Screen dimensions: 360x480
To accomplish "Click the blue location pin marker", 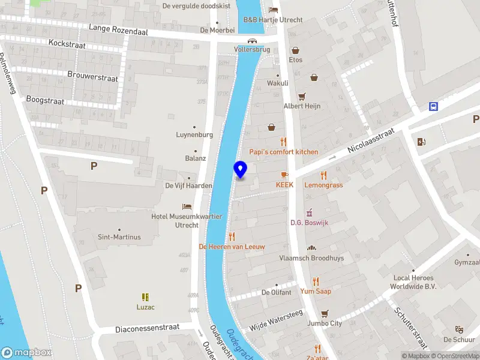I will (240, 170).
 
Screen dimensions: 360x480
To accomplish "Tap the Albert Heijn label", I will (302, 106).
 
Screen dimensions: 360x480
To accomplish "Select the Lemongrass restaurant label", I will (323, 185).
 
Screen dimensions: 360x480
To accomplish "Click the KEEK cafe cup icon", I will (284, 175).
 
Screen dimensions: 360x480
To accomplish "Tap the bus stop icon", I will (433, 107).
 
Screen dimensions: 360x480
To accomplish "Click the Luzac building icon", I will (145, 297).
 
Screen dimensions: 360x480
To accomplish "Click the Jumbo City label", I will (324, 323).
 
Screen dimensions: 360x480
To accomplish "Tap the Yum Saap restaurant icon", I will (316, 281).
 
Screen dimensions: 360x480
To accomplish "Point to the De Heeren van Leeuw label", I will (232, 246).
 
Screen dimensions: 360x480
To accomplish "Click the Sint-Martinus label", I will (119, 237).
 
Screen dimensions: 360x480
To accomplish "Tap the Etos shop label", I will (295, 60).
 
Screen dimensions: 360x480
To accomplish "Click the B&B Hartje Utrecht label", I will (272, 20).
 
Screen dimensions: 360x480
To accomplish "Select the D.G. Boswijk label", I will (309, 223).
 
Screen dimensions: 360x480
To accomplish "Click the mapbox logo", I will (26, 353).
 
